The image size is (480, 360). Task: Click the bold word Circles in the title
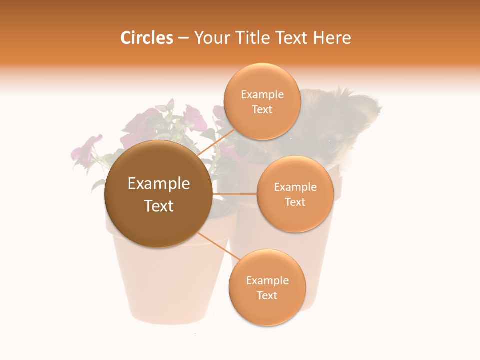coord(146,38)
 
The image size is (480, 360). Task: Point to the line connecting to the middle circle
coord(234,194)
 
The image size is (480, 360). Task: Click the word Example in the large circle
coord(159,184)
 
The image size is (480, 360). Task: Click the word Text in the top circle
coord(262,110)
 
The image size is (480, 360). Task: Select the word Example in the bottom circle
coord(267,281)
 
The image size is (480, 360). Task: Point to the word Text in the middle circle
coord(295,202)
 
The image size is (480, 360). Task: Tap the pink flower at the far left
coord(85,150)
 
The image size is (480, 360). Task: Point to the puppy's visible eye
coord(330,142)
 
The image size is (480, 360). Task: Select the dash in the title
coord(183,38)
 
